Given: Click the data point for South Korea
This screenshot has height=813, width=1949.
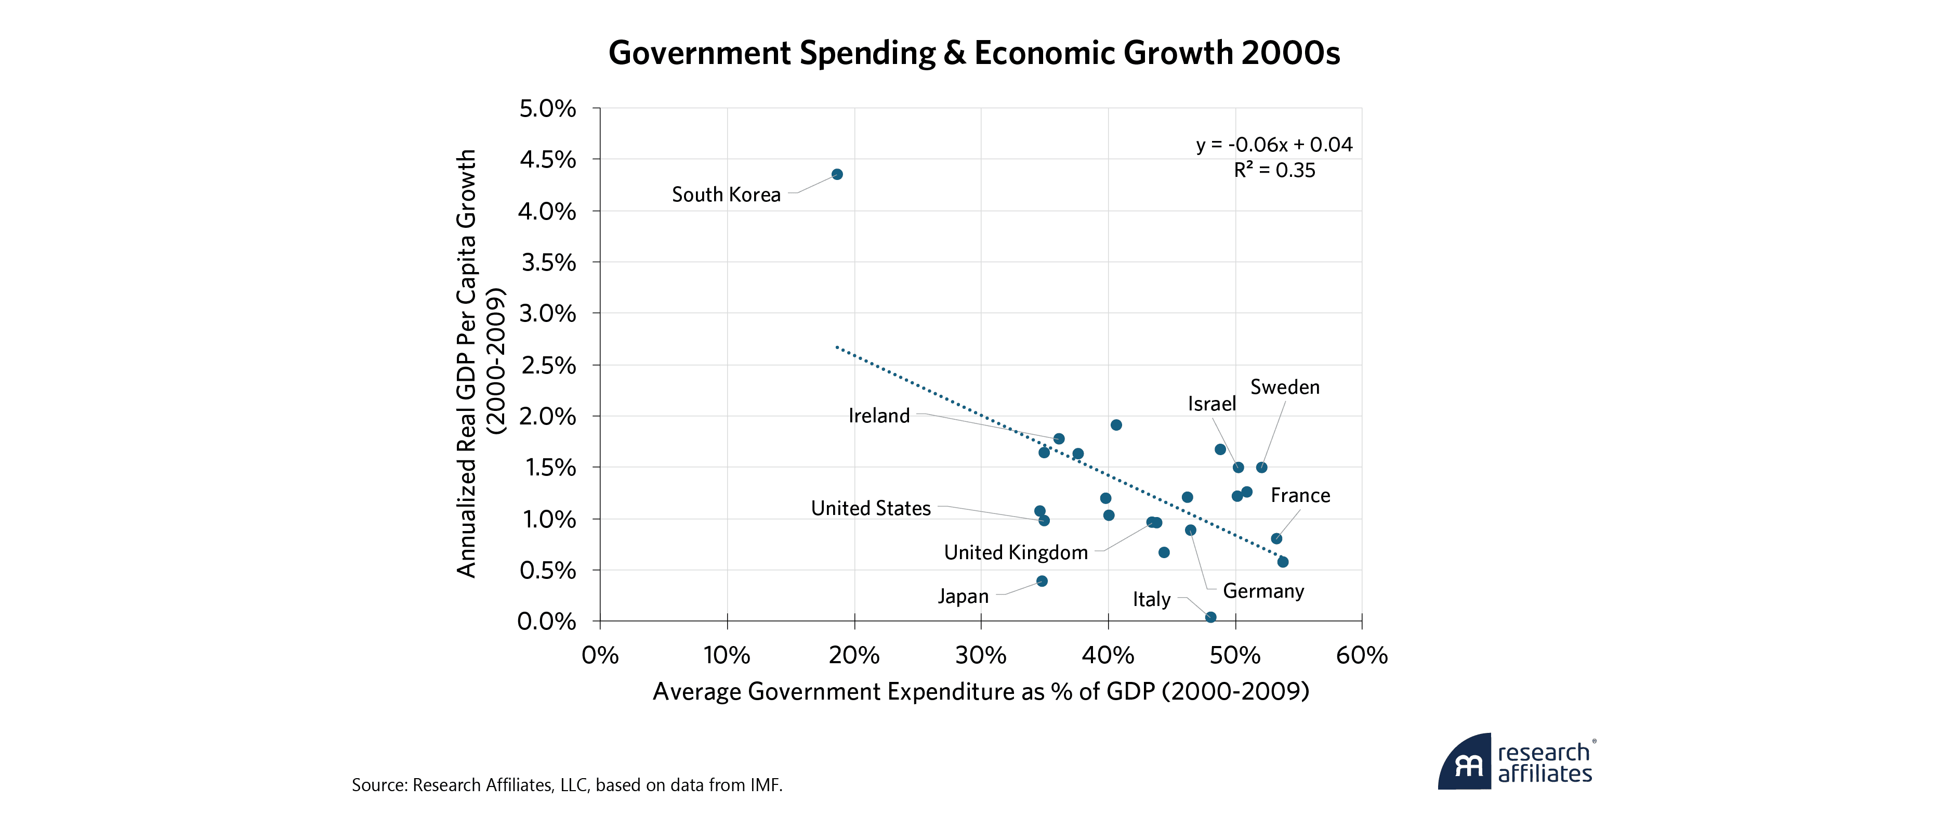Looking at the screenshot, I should tap(837, 174).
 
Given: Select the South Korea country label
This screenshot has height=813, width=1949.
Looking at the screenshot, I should tap(726, 195).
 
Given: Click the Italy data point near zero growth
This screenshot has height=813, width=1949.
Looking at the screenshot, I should tap(1210, 617).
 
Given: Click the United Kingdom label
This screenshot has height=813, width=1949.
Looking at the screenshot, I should tap(1016, 552).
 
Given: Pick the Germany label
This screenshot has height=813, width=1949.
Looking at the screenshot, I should tap(1263, 590).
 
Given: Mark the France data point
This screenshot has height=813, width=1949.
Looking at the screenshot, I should tap(1276, 538).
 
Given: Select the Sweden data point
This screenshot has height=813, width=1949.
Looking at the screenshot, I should tap(1261, 467).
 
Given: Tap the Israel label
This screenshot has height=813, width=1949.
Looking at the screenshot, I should tap(1211, 404).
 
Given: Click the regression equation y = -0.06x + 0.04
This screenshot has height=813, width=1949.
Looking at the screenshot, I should tap(1274, 145).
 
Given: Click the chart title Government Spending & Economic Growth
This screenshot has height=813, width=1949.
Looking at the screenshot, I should tap(974, 53).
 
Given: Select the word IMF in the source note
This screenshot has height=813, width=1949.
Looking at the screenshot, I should tap(765, 785).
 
